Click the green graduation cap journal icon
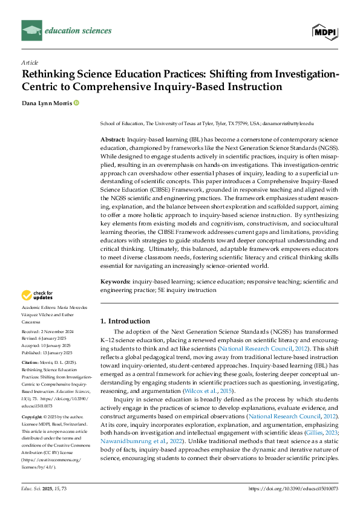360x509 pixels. pos(31,30)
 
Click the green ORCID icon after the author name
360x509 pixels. pos(77,104)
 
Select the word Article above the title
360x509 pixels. pos(29,62)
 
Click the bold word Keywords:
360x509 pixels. pos(115,282)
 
